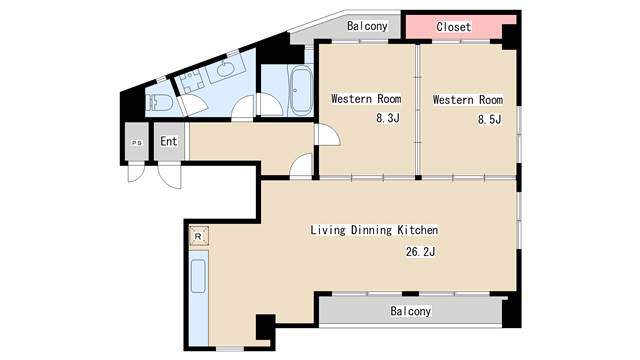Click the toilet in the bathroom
158,103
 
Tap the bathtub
300,91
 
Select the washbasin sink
225,69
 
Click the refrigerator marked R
199,236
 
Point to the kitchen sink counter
199,298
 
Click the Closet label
453,27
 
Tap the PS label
137,143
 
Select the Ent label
169,141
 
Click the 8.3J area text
388,118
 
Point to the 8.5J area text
490,119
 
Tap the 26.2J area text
420,251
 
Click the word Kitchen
418,230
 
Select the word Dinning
371,230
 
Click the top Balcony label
367,26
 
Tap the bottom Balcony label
410,311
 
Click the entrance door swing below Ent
170,176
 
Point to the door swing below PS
136,172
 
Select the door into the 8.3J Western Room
327,135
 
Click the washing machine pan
192,81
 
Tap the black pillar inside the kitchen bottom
265,327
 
